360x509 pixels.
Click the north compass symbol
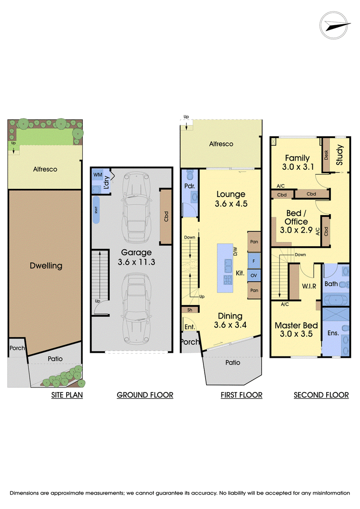point(334,25)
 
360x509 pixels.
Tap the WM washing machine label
point(98,175)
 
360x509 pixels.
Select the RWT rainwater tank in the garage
point(96,210)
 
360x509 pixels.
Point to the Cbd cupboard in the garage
point(166,216)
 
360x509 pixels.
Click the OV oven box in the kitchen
point(254,275)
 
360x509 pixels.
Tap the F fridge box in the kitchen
point(254,261)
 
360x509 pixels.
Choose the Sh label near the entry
point(189,310)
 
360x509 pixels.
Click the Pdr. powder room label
point(189,186)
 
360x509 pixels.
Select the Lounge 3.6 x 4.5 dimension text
point(231,199)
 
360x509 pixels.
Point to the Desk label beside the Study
point(326,155)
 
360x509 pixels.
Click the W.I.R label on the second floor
point(309,286)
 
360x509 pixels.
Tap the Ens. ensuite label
point(333,333)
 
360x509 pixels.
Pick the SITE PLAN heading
point(67,395)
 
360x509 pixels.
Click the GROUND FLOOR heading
point(145,395)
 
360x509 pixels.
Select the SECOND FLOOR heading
point(321,395)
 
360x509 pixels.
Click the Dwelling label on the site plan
point(46,266)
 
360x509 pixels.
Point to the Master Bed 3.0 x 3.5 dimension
point(297,329)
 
